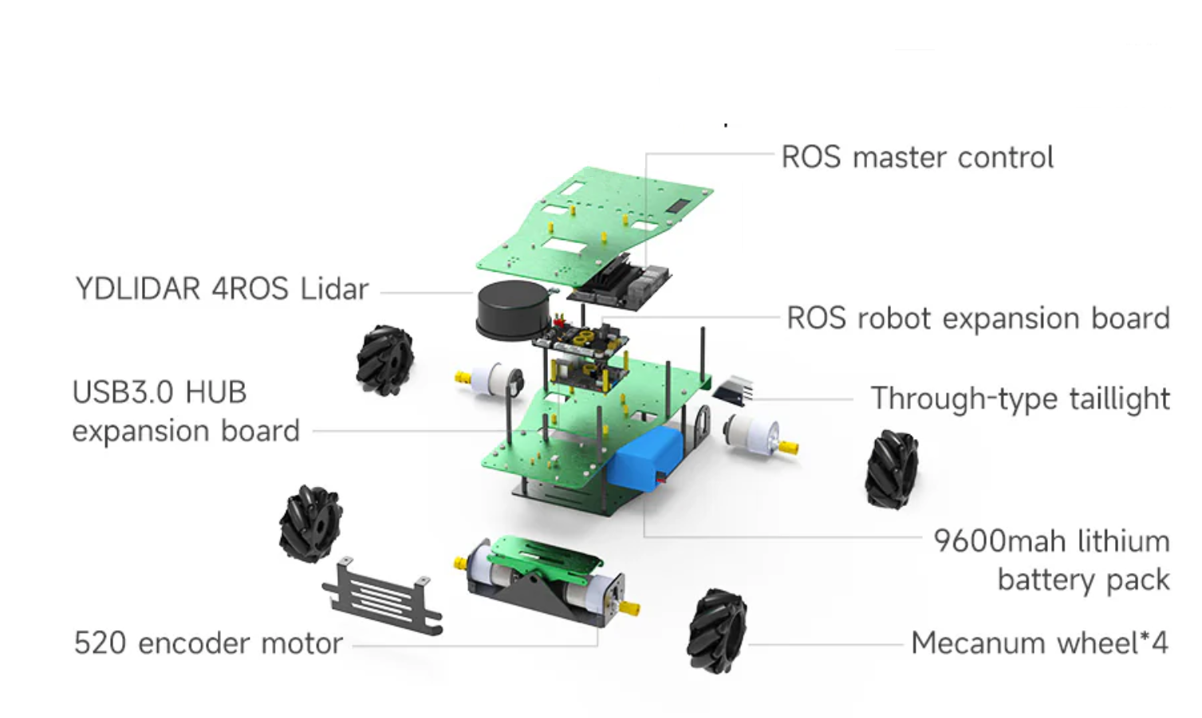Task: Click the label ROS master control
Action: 917,157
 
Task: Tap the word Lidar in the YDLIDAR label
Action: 334,288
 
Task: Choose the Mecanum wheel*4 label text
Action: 1039,643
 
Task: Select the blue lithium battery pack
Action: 646,457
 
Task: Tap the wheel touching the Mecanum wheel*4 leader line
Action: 717,630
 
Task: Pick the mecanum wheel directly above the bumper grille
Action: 310,523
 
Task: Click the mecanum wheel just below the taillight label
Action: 892,469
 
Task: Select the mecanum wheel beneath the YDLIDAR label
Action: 384,360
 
